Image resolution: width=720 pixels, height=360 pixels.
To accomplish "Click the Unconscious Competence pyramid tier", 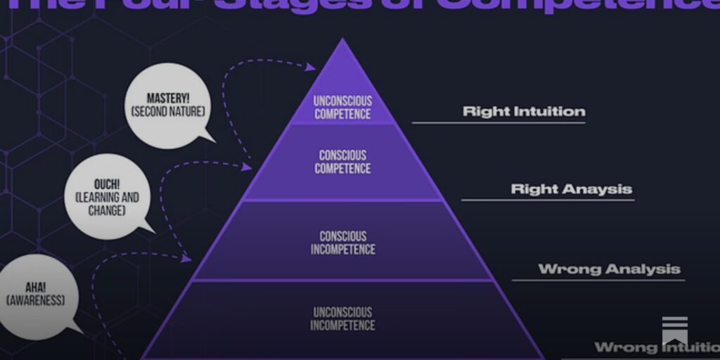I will click(342, 107).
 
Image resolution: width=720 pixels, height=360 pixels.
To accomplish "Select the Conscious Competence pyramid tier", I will click(342, 162).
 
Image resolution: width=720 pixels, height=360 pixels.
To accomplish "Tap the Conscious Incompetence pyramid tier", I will click(343, 243).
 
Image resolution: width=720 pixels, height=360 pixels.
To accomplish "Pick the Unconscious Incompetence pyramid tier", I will click(343, 319).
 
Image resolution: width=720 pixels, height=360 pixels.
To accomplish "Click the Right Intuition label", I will click(524, 111).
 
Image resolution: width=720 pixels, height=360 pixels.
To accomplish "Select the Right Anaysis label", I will click(571, 188).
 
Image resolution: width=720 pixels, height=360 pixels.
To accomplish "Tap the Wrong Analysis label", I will click(609, 269).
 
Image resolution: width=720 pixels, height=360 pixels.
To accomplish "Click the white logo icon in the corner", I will click(674, 330).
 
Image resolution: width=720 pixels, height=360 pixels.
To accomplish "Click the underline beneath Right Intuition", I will click(499, 123).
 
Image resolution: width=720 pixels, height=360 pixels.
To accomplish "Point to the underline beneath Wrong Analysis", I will click(598, 281).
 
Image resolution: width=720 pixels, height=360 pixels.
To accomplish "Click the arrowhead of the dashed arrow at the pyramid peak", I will click(311, 67).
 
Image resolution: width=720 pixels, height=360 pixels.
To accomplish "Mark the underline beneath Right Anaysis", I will click(548, 200).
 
